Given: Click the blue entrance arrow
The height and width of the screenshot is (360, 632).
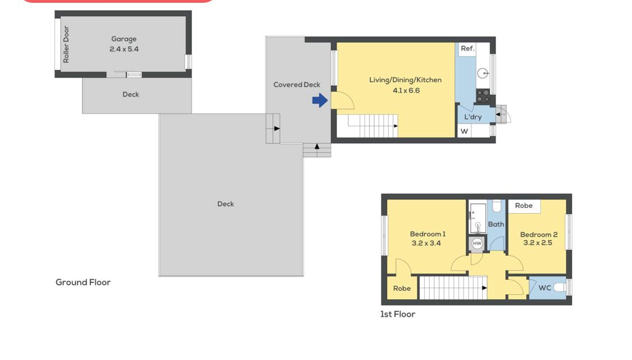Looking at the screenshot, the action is click(x=320, y=101).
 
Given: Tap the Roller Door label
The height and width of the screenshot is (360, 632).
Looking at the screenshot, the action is click(x=66, y=44).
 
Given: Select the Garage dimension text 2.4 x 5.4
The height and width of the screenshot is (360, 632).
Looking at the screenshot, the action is click(x=124, y=49).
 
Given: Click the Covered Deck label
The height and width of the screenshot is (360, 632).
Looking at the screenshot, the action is click(x=297, y=85).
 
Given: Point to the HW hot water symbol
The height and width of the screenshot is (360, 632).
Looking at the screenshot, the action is click(x=477, y=243).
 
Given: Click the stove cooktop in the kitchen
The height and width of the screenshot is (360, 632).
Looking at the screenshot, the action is click(x=483, y=96).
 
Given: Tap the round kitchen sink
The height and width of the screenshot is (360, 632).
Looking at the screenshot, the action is click(x=483, y=74).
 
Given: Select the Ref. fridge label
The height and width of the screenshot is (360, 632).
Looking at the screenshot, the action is click(x=467, y=48).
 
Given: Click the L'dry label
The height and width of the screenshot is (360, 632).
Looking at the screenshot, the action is click(x=473, y=117).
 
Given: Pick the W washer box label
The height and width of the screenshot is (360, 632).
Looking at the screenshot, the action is click(x=465, y=131).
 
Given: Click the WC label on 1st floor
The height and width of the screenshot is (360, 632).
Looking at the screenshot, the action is click(x=544, y=288).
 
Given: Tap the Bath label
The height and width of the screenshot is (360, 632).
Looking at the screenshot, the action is click(x=496, y=224).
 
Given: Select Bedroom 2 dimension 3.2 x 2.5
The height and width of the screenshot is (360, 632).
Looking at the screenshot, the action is click(x=538, y=243).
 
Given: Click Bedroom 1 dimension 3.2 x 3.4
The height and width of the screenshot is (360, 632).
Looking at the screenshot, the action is click(x=426, y=243).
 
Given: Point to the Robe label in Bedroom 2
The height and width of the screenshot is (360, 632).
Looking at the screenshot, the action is click(x=524, y=206).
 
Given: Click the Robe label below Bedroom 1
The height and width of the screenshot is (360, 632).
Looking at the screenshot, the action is click(x=402, y=288).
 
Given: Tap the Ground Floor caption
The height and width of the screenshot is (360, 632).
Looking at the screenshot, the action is click(x=83, y=282).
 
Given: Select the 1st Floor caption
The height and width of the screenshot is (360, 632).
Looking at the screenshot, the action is click(x=398, y=314).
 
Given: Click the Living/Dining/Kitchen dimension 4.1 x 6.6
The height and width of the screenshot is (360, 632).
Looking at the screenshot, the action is click(x=406, y=90).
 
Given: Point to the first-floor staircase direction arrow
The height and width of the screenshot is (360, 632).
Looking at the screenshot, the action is click(x=484, y=288).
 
